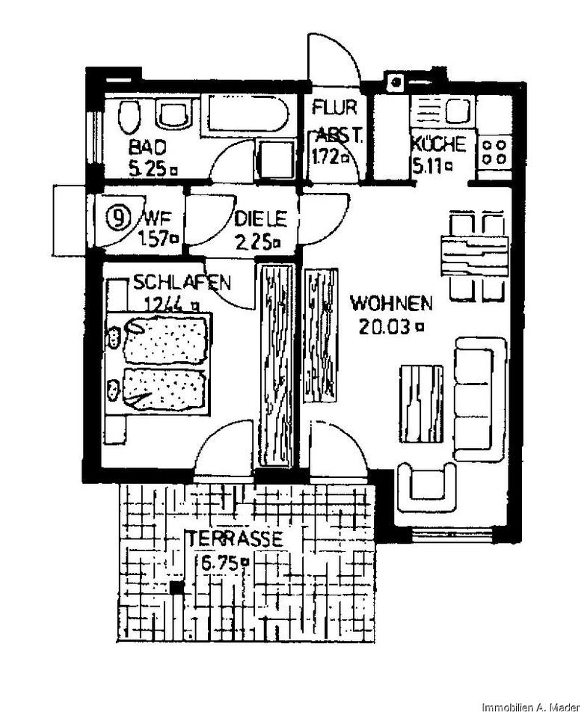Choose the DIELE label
point(260,219)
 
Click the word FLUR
point(334,107)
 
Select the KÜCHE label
point(439,144)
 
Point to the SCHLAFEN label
point(182,283)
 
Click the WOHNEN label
point(391,304)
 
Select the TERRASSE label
point(235,538)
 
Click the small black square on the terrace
point(176,588)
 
